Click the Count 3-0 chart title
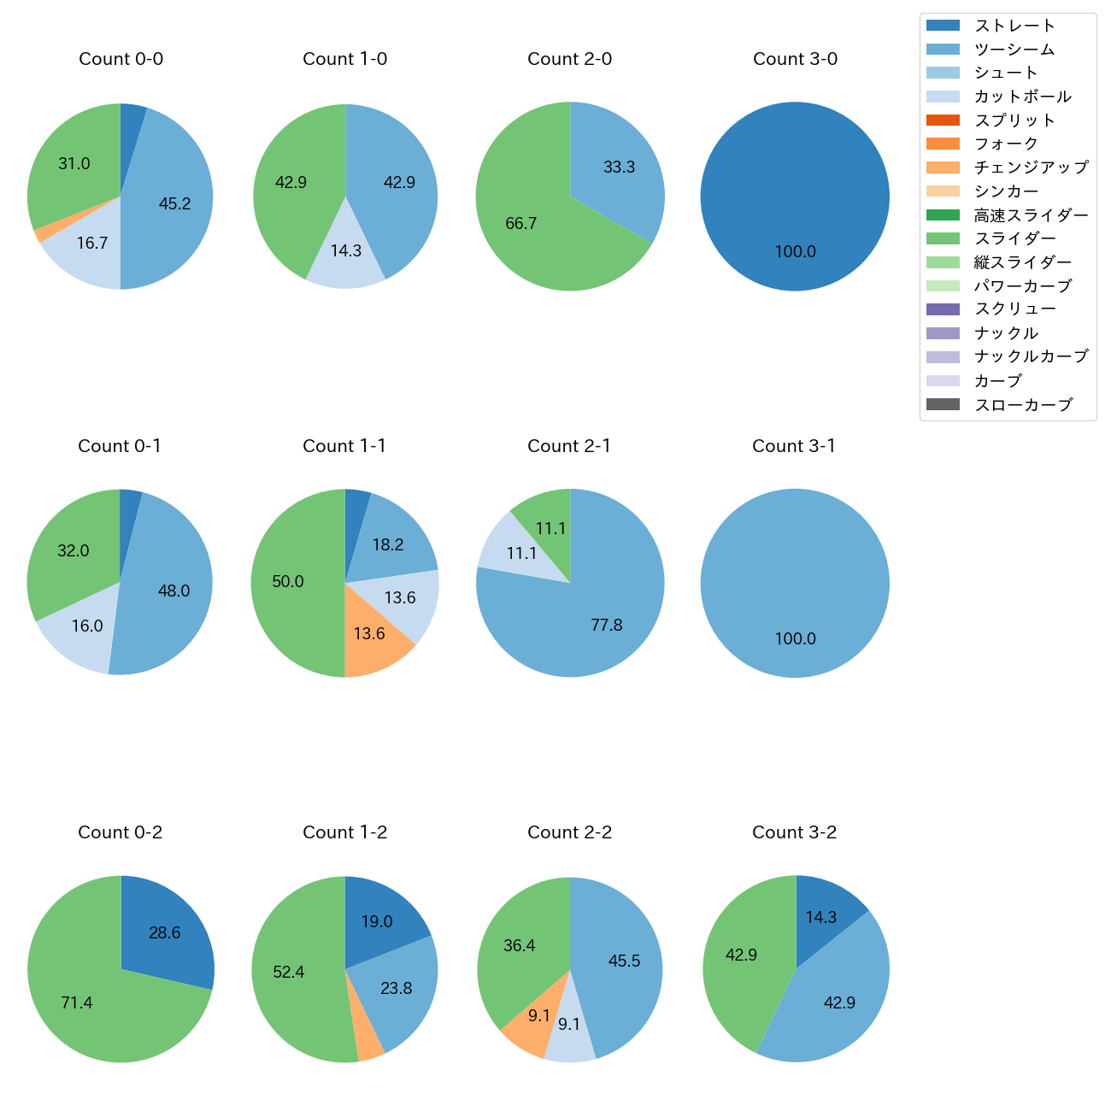click(x=795, y=59)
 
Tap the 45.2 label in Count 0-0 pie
click(x=174, y=203)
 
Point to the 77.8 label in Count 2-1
click(x=606, y=625)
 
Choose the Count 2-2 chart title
click(x=569, y=832)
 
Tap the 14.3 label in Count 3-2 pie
click(x=820, y=917)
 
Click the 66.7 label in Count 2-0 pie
click(x=520, y=224)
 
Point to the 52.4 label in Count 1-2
click(x=288, y=973)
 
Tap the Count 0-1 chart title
click(x=120, y=446)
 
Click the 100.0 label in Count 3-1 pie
click(x=795, y=638)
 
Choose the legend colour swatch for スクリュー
click(x=943, y=309)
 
